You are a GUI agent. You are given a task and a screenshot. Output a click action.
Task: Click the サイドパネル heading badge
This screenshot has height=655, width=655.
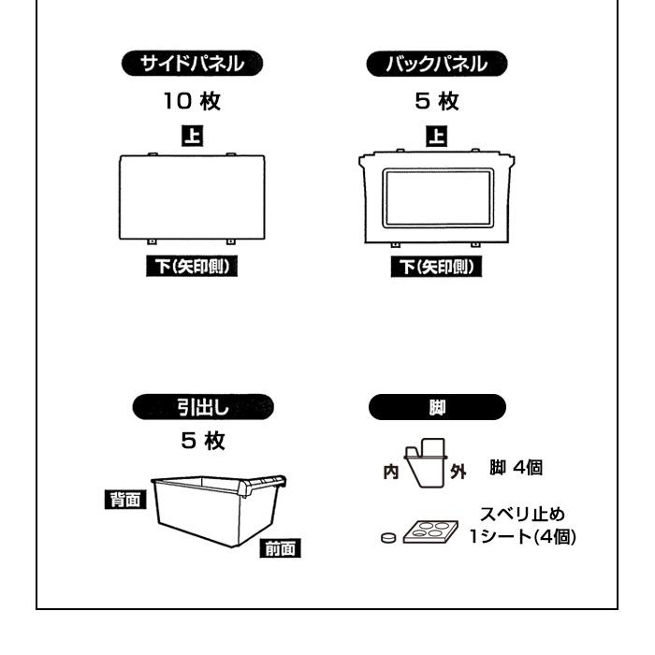coord(193,65)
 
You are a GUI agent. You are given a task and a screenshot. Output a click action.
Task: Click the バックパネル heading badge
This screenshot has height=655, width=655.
coord(436,65)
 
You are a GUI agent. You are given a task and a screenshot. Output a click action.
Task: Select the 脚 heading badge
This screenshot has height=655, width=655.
coord(436,407)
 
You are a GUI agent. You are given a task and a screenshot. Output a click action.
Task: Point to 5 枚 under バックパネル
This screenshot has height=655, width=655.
coord(436,99)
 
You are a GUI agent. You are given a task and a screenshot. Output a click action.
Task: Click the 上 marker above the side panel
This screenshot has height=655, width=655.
coord(194,134)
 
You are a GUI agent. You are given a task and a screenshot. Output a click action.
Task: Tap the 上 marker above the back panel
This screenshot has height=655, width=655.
coord(436,134)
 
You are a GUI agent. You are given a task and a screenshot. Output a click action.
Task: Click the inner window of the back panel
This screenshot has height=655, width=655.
coord(436,197)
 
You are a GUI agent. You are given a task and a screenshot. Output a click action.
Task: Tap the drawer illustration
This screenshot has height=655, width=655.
coord(213,510)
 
